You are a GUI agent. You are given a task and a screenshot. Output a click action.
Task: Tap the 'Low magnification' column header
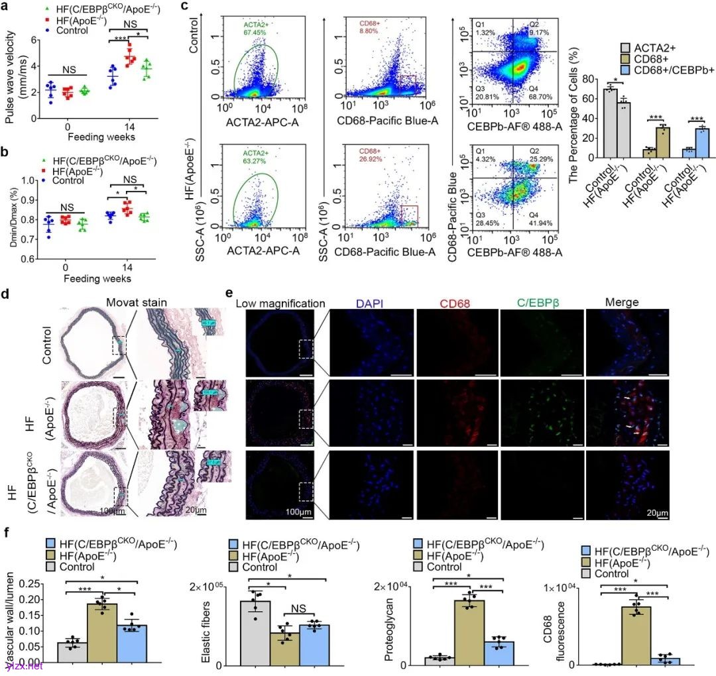(282, 303)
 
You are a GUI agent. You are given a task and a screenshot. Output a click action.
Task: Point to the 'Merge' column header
(622, 303)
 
